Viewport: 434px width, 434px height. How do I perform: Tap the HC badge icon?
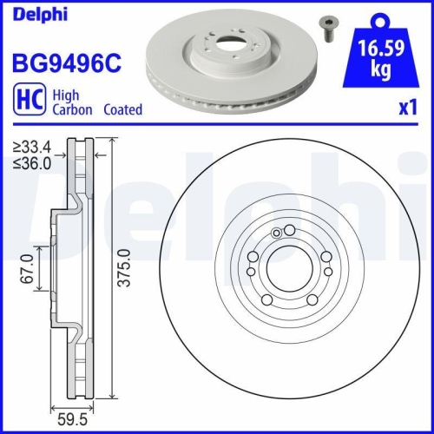click(x=26, y=103)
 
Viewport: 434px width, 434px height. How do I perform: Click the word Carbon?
click(x=71, y=110)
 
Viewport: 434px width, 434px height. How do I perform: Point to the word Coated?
click(x=122, y=110)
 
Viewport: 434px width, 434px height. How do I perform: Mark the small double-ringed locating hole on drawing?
click(x=277, y=233)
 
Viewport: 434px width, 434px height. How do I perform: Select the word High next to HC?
click(x=65, y=97)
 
